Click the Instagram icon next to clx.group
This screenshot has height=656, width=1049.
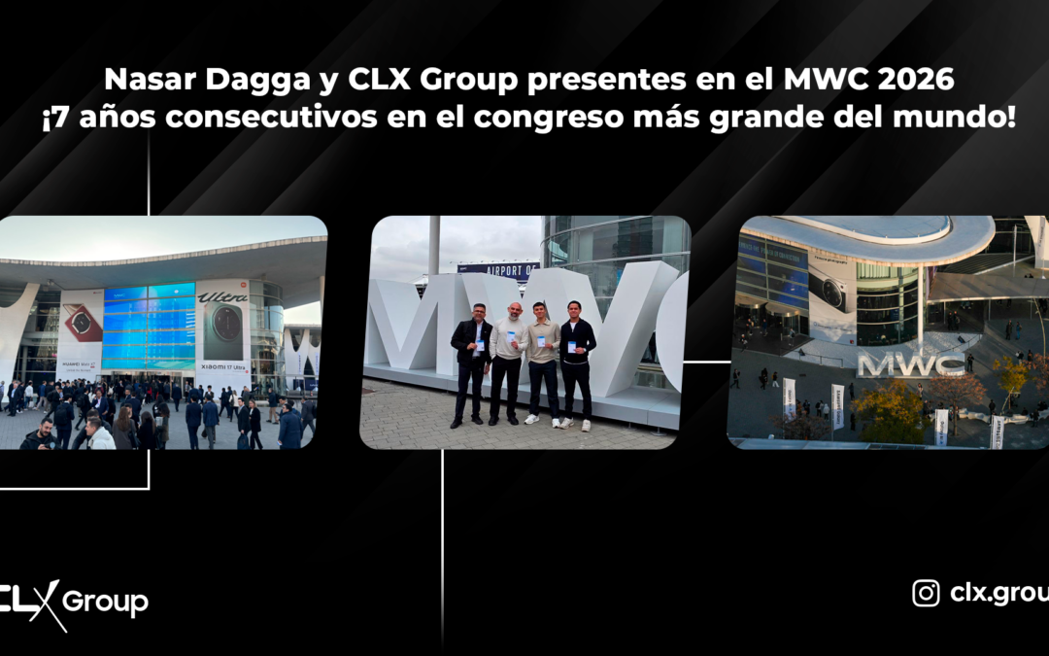click(x=926, y=593)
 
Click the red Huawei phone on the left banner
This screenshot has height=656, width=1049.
click(x=82, y=324)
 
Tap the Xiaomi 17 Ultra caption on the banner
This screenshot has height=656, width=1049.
click(x=222, y=368)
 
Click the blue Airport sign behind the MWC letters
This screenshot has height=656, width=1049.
click(x=497, y=269)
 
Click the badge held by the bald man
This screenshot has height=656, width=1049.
click(x=511, y=337)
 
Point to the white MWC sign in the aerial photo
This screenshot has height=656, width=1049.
click(x=897, y=364)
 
